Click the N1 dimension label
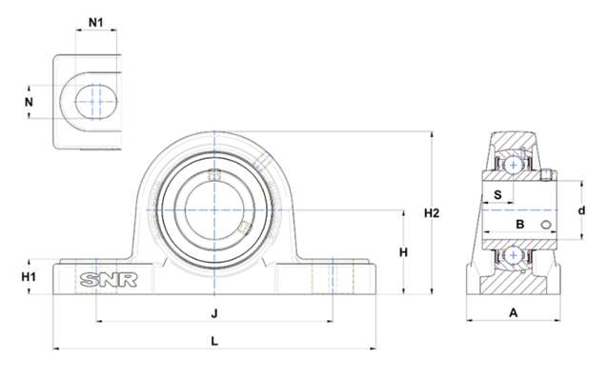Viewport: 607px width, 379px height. point(96,23)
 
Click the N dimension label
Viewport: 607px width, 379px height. point(29,102)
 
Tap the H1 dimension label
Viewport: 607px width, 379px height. point(29,276)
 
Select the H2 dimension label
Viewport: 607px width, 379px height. point(432,213)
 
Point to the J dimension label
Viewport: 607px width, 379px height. point(214,313)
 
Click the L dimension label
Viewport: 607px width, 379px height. point(214,341)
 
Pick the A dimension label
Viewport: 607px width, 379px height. point(513,312)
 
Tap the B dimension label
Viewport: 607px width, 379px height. point(520,224)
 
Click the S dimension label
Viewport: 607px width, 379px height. point(497,194)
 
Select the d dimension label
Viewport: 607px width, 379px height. point(581,210)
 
